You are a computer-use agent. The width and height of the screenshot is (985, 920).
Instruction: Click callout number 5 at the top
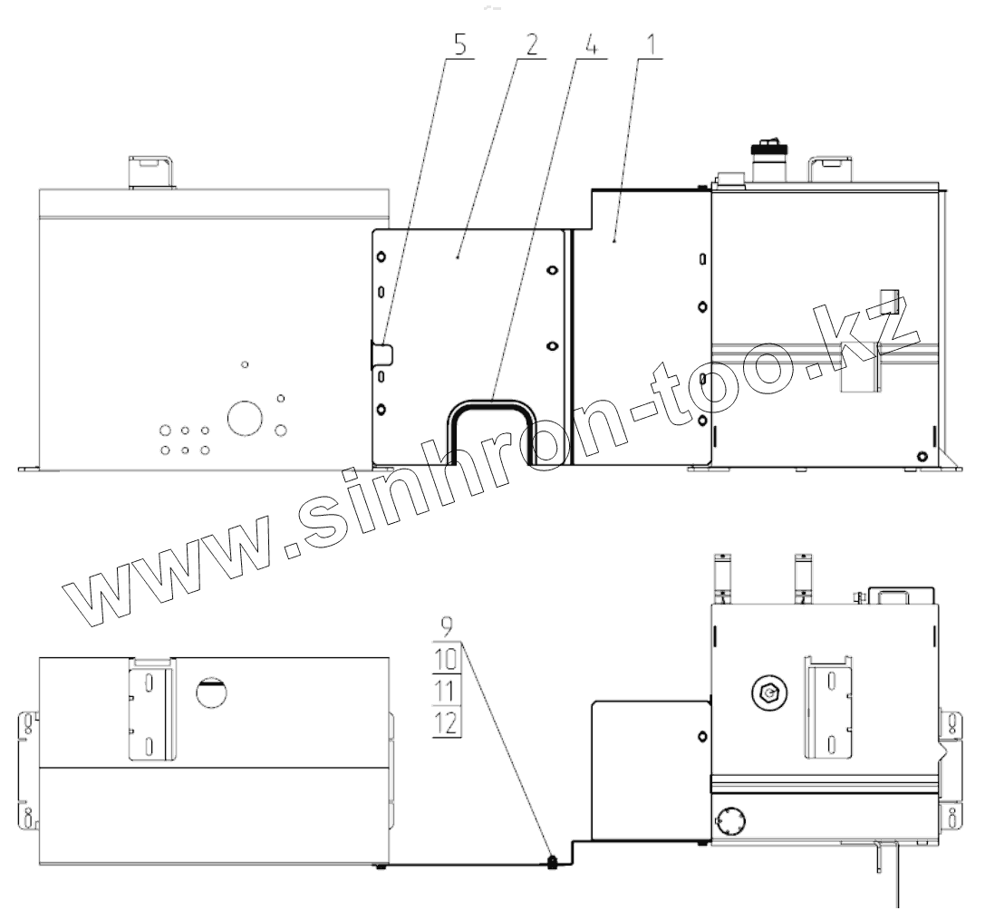(x=460, y=45)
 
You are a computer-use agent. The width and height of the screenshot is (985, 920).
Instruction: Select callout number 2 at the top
(x=532, y=45)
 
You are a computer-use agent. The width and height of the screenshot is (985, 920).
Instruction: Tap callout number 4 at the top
(x=591, y=45)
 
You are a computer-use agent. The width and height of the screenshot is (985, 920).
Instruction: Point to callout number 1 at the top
(x=651, y=45)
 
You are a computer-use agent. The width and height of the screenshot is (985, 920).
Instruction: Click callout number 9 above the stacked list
(x=446, y=626)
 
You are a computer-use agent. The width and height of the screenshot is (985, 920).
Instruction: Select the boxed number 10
(x=447, y=659)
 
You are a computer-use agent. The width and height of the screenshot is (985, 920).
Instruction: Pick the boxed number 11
(x=446, y=692)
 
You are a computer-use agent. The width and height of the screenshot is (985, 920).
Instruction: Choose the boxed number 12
(x=447, y=723)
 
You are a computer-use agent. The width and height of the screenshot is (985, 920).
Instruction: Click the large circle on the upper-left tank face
(x=245, y=418)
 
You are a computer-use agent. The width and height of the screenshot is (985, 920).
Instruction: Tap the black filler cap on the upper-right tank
(x=769, y=151)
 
